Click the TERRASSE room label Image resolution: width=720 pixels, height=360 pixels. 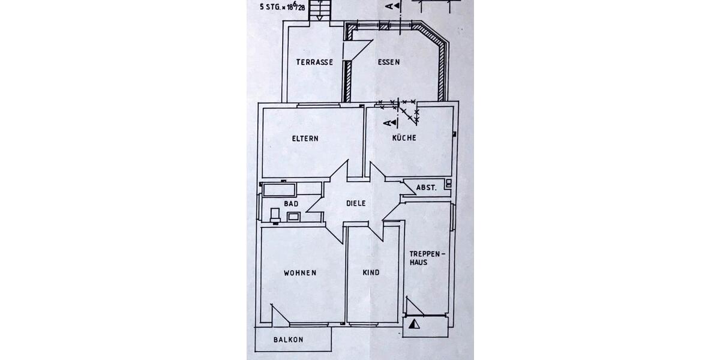[x=314, y=62]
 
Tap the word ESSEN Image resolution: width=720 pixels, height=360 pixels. [x=388, y=62]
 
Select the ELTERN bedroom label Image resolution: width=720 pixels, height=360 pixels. [x=305, y=139]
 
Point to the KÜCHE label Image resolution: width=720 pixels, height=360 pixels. [x=404, y=138]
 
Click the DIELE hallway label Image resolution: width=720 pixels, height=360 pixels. [x=356, y=203]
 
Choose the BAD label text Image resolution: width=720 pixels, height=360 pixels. [x=291, y=204]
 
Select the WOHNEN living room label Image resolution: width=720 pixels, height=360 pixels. [x=300, y=273]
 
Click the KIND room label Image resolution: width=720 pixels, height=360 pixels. [x=371, y=273]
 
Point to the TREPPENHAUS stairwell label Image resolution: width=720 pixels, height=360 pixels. [x=427, y=258]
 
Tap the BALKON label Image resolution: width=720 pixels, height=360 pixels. [x=288, y=340]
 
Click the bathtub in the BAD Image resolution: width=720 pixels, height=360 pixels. [x=280, y=190]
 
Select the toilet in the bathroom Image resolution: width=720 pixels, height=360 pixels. [x=275, y=215]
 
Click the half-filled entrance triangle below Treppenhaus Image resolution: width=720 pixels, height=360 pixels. [x=413, y=325]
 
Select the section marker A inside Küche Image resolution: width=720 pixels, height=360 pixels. [x=391, y=123]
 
